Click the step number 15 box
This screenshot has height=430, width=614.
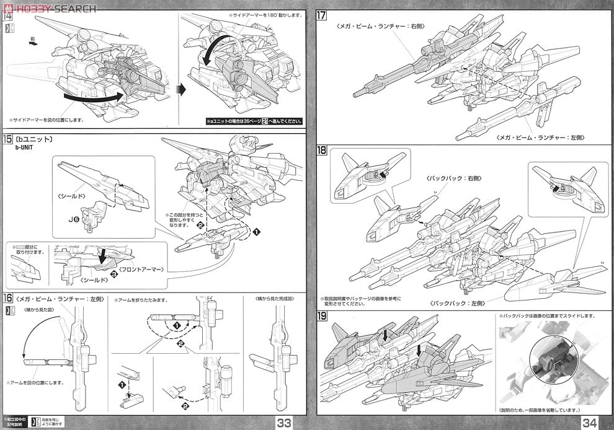[8, 140]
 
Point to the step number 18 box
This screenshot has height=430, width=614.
[322, 149]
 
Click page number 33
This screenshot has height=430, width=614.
[285, 423]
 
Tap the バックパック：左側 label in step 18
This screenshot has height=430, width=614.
[455, 304]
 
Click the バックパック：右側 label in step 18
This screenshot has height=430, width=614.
[455, 178]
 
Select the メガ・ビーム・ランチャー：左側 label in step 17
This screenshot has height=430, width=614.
[540, 137]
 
